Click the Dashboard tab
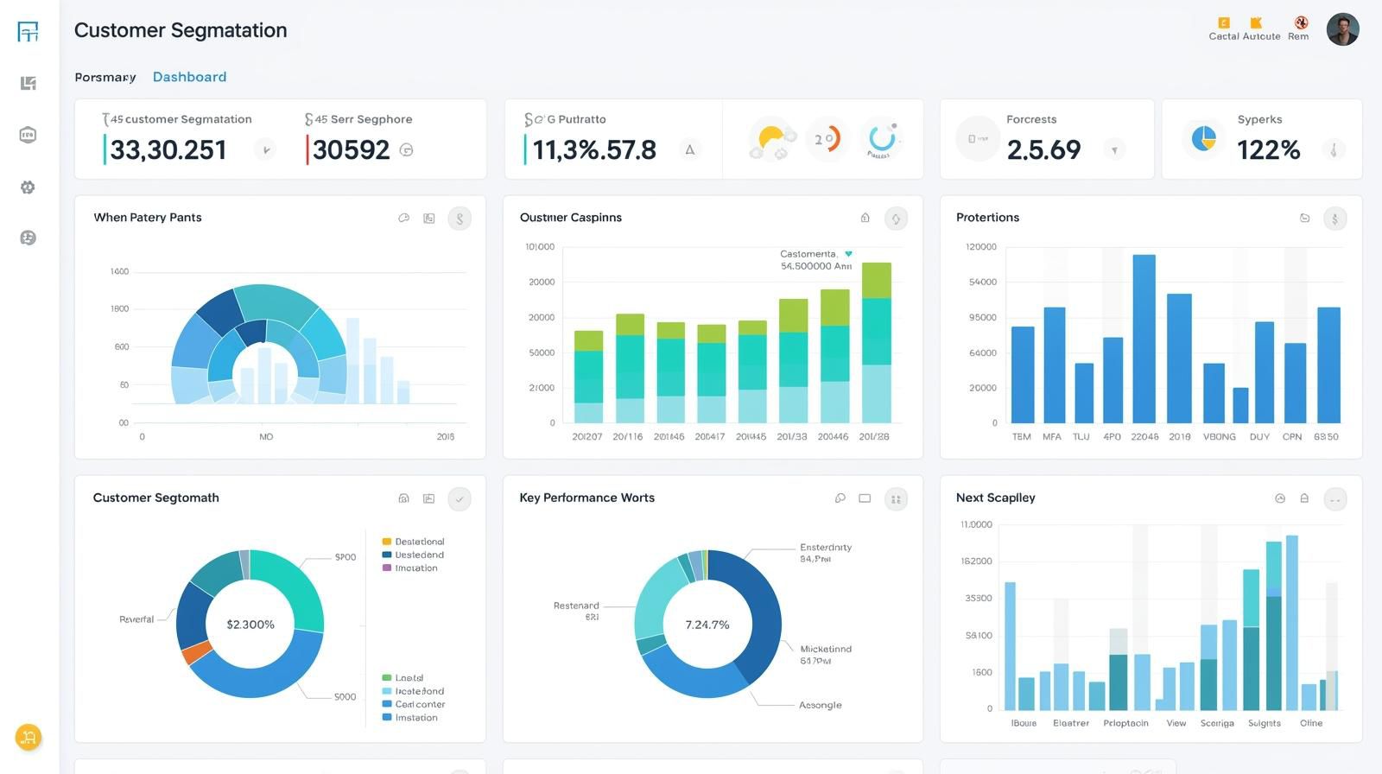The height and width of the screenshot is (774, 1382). click(189, 77)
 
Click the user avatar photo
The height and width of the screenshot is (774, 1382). click(1342, 29)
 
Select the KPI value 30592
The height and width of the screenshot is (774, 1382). click(351, 149)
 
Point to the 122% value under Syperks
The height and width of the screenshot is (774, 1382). click(1268, 150)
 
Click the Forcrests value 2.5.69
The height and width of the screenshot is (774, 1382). click(1043, 150)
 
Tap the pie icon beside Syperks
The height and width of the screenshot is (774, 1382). click(1203, 137)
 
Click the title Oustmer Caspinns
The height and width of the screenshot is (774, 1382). click(570, 218)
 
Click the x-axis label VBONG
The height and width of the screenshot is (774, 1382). click(1219, 437)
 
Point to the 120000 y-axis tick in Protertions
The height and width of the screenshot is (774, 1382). click(980, 247)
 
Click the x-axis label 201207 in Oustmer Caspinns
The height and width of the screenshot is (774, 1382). click(587, 437)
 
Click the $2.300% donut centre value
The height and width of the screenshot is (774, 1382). click(250, 625)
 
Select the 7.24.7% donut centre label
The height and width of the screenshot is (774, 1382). click(707, 625)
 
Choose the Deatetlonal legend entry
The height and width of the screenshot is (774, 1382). click(419, 542)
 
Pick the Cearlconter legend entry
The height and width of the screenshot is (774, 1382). click(419, 704)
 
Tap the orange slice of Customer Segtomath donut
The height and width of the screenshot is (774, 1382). click(197, 652)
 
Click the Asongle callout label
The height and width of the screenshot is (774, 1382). click(820, 705)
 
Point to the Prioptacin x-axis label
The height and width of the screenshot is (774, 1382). click(1125, 723)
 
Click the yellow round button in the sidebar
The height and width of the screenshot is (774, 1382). click(29, 737)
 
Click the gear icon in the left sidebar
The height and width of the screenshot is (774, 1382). click(28, 187)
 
